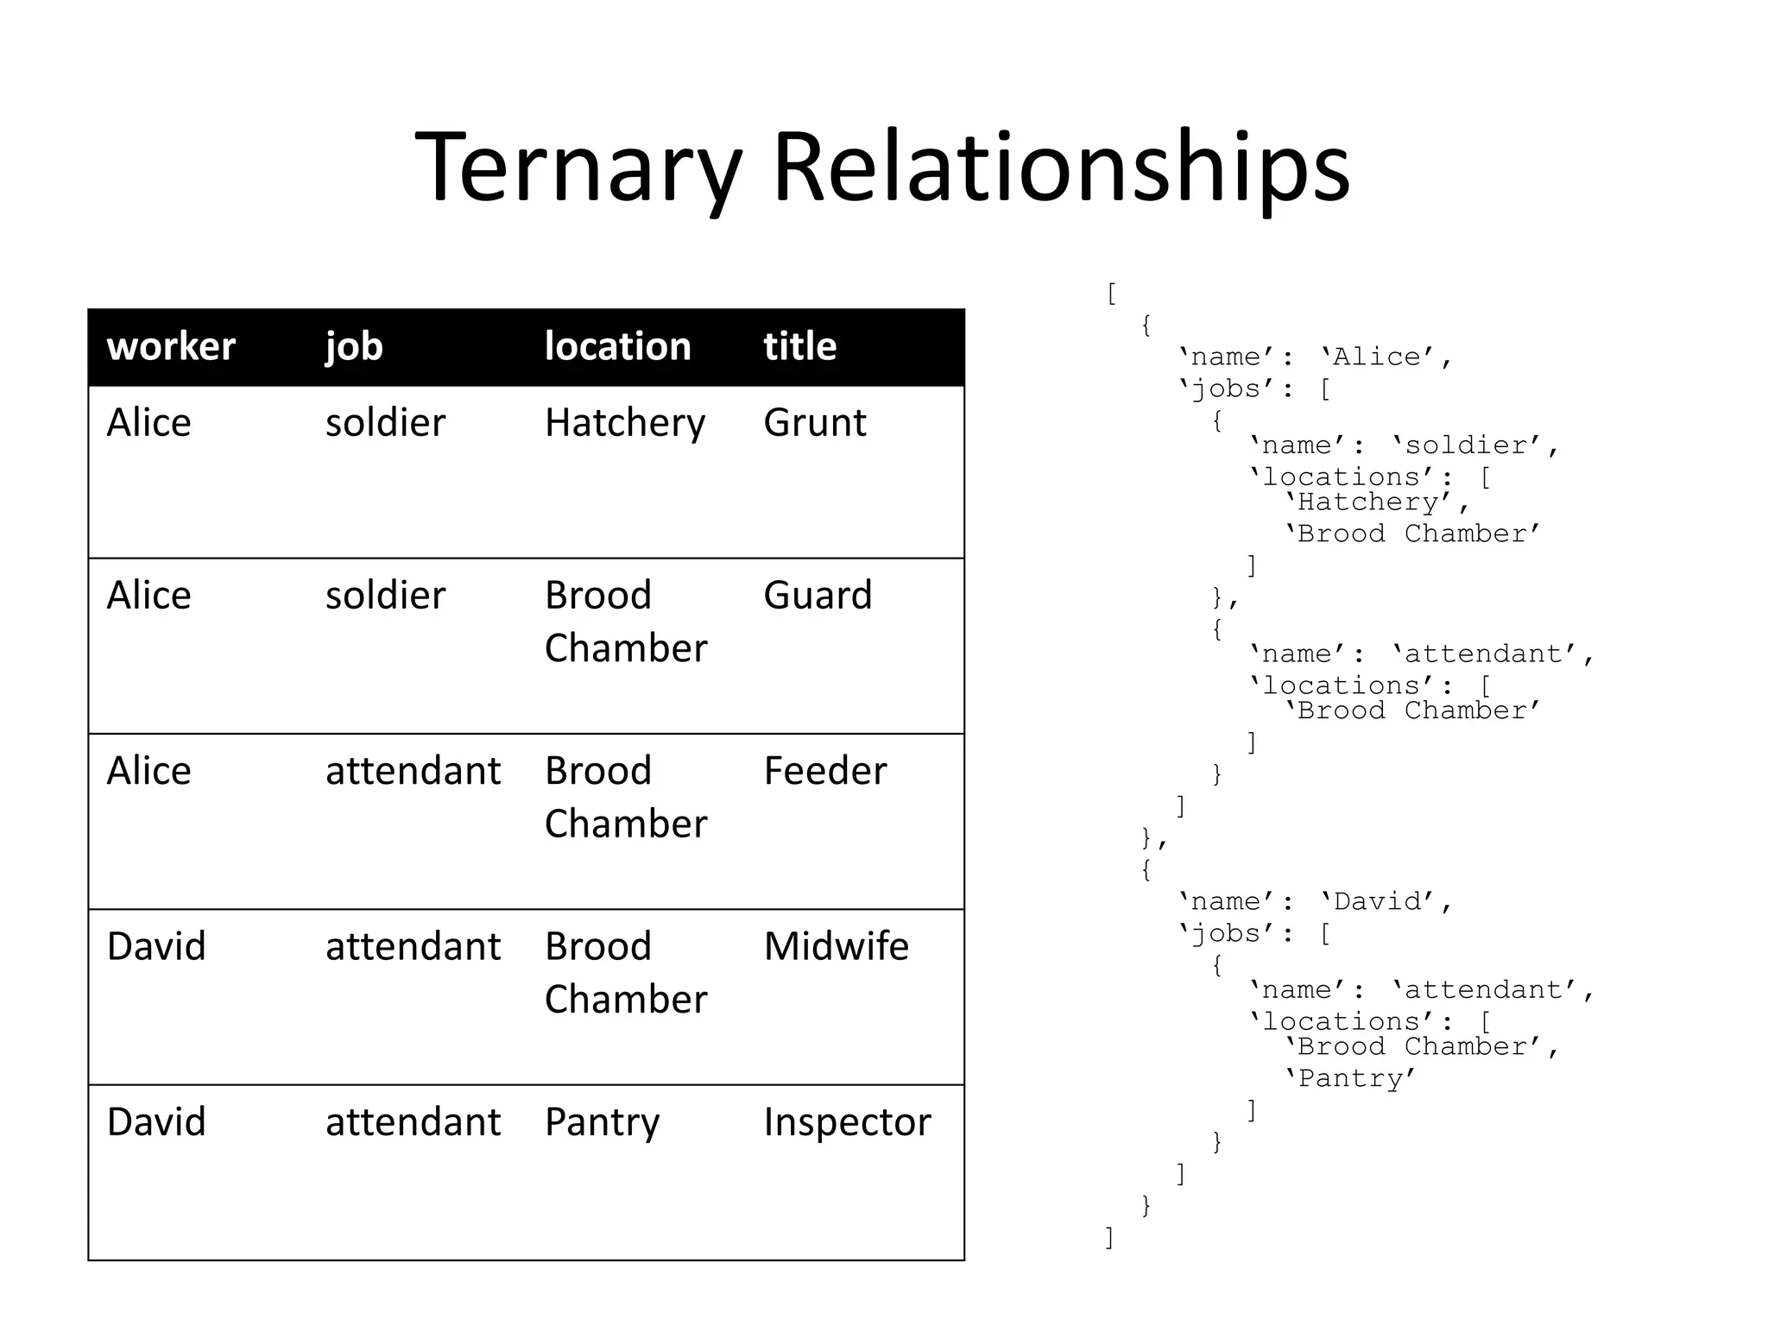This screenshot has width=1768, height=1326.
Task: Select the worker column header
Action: pyautogui.click(x=171, y=347)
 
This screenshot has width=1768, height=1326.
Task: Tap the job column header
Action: pyautogui.click(x=354, y=347)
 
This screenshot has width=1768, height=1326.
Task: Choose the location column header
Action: pyautogui.click(x=618, y=347)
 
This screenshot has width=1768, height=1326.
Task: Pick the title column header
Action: pyautogui.click(x=800, y=347)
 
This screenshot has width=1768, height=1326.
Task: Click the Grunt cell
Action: pyautogui.click(x=815, y=423)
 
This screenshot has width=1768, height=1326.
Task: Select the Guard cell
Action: pyautogui.click(x=818, y=596)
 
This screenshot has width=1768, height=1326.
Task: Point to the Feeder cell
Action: pyautogui.click(x=825, y=771)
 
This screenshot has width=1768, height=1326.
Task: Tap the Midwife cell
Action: pyautogui.click(x=837, y=946)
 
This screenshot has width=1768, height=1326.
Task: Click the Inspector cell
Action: pyautogui.click(x=847, y=1122)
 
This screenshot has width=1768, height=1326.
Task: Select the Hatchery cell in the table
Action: pyautogui.click(x=625, y=423)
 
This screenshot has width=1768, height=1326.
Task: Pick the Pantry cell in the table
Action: pyautogui.click(x=602, y=1122)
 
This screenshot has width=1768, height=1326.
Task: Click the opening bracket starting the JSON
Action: pyautogui.click(x=1111, y=294)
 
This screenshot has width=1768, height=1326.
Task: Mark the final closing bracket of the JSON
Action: pyautogui.click(x=1110, y=1237)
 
